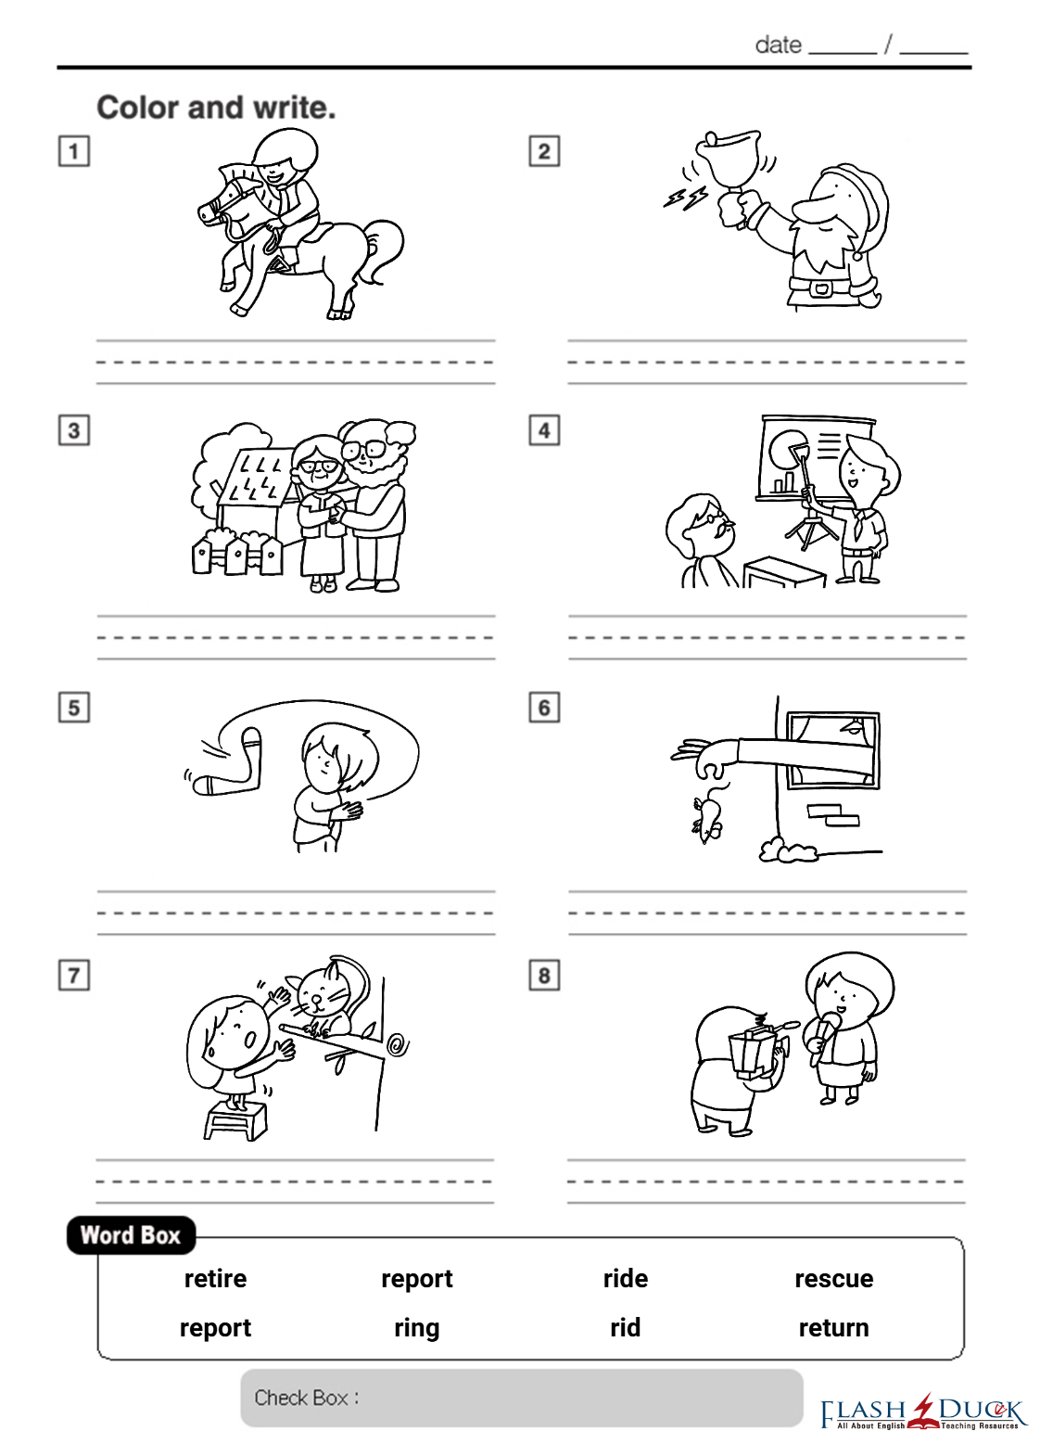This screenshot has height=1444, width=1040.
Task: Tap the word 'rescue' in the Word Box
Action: click(x=834, y=1279)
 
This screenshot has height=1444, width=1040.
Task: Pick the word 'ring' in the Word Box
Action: click(x=417, y=1329)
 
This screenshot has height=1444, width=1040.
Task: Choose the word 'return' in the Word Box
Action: click(x=834, y=1328)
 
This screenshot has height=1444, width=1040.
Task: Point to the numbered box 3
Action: click(x=74, y=430)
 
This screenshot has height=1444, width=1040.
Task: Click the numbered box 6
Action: click(x=544, y=708)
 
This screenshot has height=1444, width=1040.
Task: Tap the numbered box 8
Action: click(x=544, y=975)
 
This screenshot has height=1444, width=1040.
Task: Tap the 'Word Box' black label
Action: click(x=131, y=1235)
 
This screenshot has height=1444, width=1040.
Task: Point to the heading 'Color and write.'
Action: click(x=217, y=108)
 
